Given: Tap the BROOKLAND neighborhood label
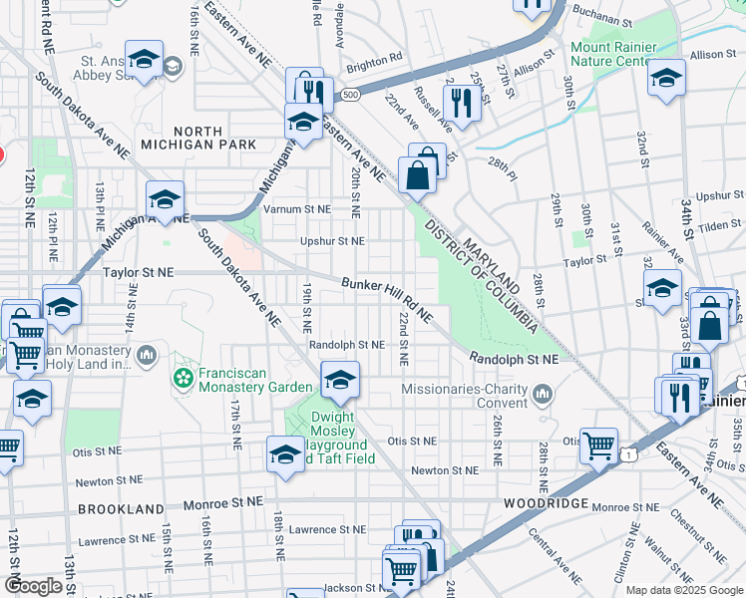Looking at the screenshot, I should coord(120,508).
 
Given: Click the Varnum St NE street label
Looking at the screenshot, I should coord(296,209).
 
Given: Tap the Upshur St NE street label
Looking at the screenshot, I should coord(332,240).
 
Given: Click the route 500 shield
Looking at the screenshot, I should coord(348,95).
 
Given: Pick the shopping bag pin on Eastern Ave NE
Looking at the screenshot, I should coord(416,176).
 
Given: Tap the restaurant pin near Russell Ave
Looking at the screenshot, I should coord(461,102).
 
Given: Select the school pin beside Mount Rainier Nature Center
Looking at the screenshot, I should coord(665,78).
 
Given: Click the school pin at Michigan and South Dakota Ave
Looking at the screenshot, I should coord(165,199).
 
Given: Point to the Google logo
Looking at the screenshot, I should coord(33,586).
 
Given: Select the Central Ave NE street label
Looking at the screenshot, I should coord(555,561).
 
